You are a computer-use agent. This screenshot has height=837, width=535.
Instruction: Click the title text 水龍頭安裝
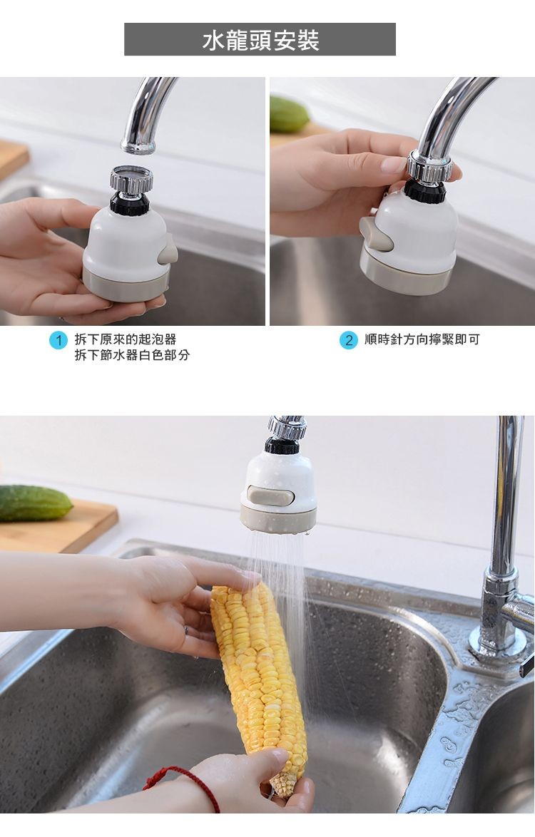[260, 40]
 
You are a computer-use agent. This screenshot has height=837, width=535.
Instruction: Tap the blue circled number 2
[348, 340]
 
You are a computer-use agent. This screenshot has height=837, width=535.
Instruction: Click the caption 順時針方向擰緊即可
[422, 339]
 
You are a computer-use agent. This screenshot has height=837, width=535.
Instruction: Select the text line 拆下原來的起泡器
[126, 339]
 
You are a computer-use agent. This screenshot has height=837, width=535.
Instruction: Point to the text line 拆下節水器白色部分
[133, 355]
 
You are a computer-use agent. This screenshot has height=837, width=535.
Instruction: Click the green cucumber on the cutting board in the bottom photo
[34, 502]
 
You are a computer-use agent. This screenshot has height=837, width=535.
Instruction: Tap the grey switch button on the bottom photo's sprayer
[271, 495]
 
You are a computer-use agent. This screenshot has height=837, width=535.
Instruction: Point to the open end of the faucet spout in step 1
[138, 148]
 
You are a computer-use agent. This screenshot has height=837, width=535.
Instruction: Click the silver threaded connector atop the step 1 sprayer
[131, 178]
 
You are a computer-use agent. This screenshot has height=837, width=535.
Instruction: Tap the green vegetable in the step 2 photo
[289, 115]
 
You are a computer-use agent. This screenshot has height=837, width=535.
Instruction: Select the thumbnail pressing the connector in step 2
[394, 165]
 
